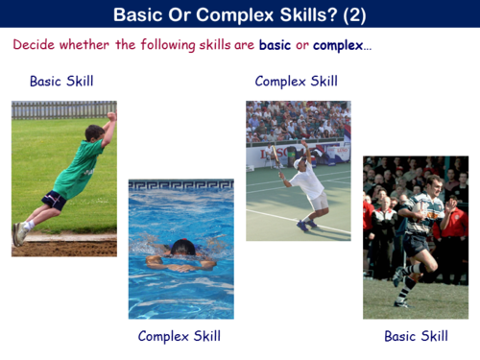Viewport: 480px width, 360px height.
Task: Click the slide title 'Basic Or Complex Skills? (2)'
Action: (239, 14)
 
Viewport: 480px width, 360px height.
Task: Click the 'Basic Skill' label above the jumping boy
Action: (61, 82)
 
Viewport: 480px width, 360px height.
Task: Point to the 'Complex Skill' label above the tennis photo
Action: (297, 82)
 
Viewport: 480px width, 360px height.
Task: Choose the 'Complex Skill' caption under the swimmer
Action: (180, 336)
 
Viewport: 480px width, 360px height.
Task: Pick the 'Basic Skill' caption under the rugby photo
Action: (416, 336)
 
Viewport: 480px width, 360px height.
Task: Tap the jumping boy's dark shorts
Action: (54, 200)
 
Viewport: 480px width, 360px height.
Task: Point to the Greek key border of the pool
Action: (180, 185)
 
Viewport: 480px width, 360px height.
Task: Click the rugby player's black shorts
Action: (415, 244)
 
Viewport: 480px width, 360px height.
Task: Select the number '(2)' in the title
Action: (350, 14)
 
